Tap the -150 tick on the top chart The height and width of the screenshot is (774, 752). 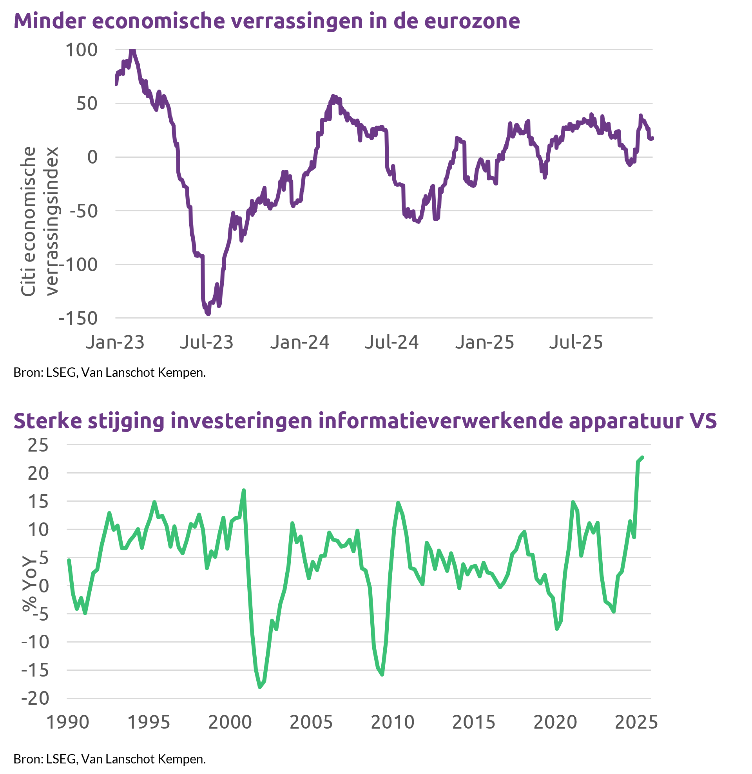pos(78,319)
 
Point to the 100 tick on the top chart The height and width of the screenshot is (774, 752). pos(82,50)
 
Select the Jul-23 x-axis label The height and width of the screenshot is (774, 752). pos(207,342)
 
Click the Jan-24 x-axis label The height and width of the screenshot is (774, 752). pos(300,342)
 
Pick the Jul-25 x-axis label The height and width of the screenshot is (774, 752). pos(576,342)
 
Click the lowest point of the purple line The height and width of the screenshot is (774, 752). pos(208,314)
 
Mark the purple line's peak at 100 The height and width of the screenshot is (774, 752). pos(132,50)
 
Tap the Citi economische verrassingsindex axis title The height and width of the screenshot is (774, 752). pos(40,221)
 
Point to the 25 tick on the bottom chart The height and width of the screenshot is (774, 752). pos(38,445)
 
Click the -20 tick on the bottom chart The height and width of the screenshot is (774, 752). pos(36,698)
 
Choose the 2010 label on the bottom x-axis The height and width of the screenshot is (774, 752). pos(393,722)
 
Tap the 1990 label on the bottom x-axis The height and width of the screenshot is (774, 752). pos(68,722)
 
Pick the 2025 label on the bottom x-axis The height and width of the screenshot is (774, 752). pos(636,722)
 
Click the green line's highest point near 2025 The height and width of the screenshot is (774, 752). pos(643,457)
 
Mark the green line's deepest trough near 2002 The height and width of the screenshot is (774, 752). pos(260,688)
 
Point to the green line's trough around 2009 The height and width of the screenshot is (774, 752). pos(382,675)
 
